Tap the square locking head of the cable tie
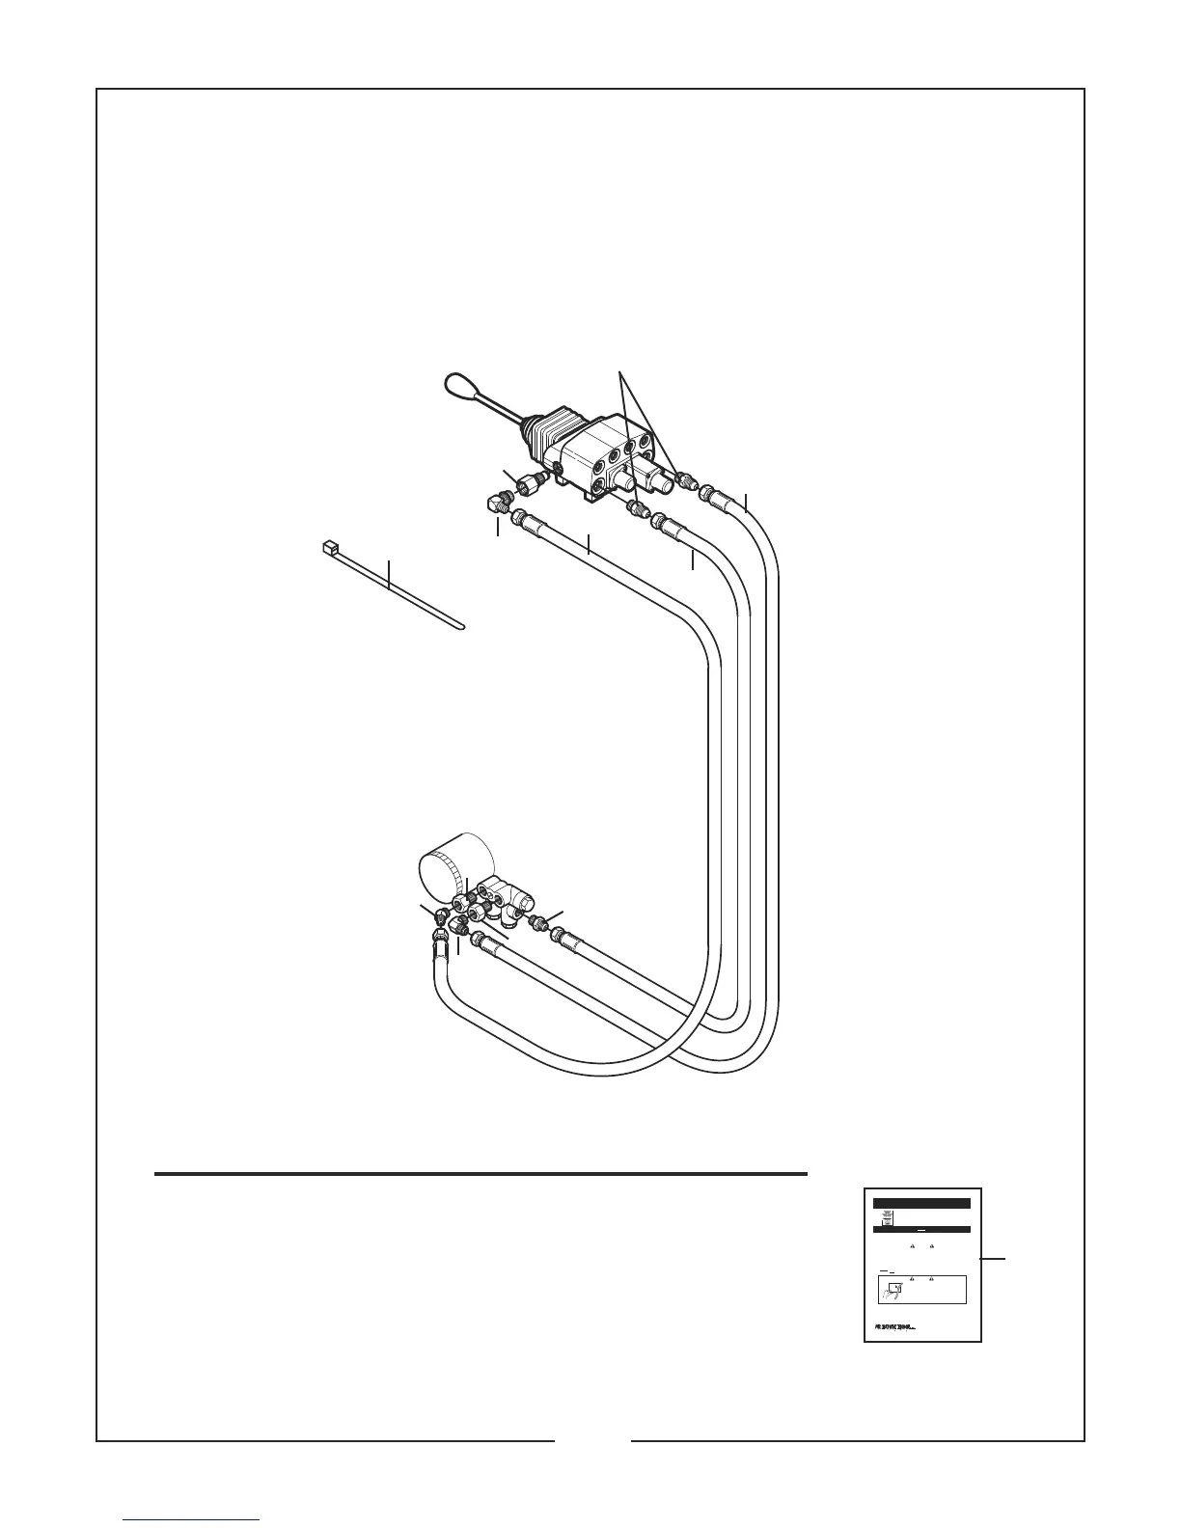coord(328,547)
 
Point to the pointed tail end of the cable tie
coord(460,630)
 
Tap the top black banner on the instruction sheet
coord(921,1203)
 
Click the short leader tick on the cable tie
coord(389,573)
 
